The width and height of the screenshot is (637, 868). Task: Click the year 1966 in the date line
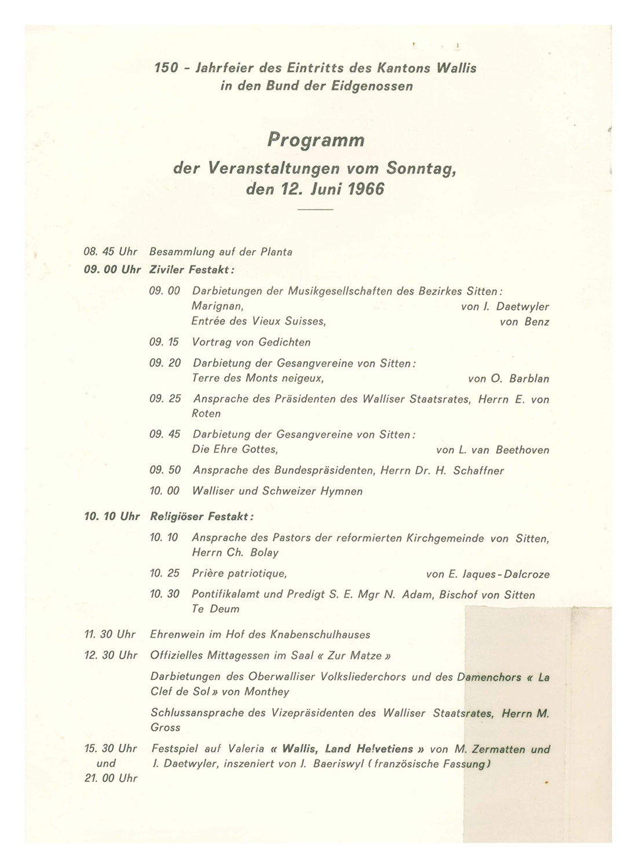pos(365,190)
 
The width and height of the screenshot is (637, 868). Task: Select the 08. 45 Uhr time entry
pos(111,252)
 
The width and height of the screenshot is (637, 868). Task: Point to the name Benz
pos(536,322)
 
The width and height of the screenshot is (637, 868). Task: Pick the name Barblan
pos(529,379)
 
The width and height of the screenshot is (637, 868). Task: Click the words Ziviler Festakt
pos(192,270)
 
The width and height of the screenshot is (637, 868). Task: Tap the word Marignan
pos(217,307)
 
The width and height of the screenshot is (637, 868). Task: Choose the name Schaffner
pos(478,470)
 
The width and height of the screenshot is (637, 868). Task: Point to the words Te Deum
pos(215,609)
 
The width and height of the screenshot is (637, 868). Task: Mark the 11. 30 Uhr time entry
pos(111,634)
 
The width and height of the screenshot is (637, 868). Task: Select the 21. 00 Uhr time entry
pos(111,778)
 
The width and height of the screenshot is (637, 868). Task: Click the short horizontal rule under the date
pos(316,208)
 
